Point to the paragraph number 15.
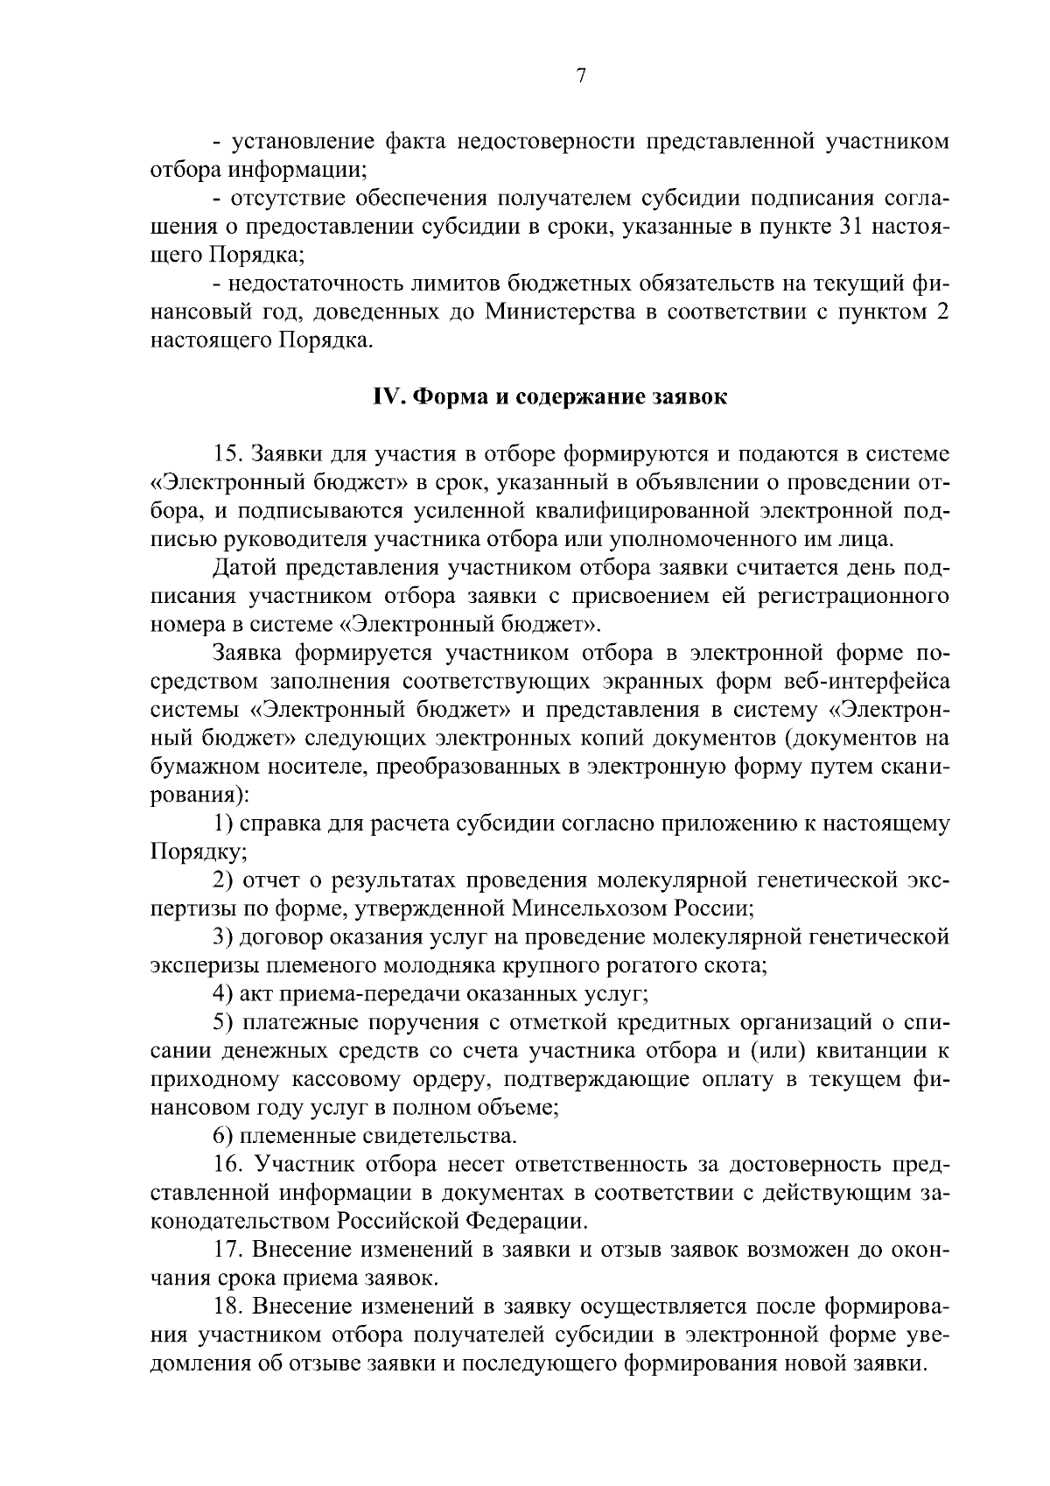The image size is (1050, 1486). click(227, 453)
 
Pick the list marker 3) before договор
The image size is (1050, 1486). click(223, 936)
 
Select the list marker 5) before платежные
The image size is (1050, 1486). click(223, 1022)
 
